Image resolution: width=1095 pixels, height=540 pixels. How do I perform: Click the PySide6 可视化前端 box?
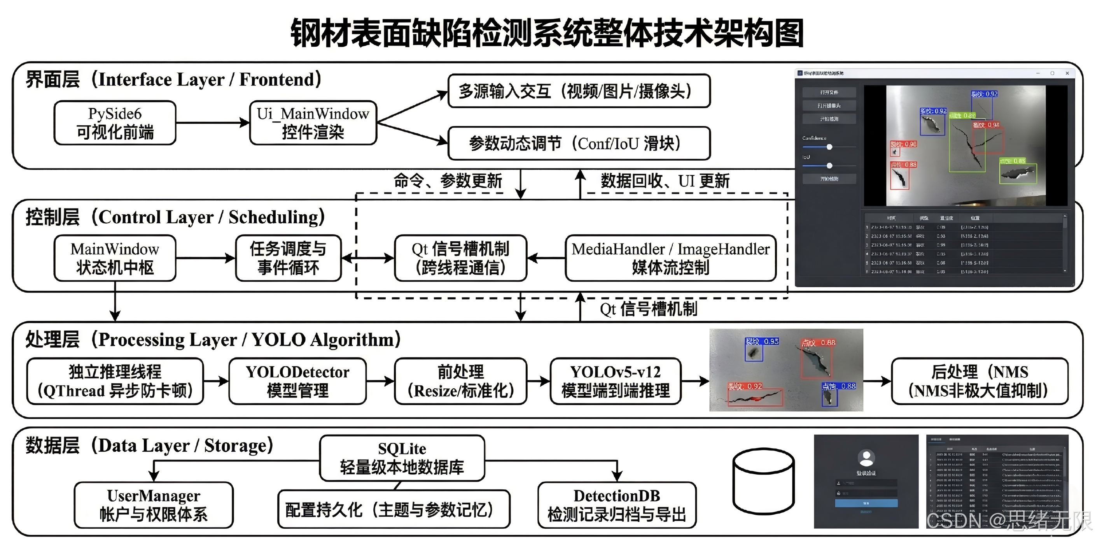click(115, 123)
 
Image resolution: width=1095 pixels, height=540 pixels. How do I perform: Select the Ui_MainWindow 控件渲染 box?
click(313, 123)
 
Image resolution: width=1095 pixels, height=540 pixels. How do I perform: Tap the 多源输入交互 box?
click(579, 91)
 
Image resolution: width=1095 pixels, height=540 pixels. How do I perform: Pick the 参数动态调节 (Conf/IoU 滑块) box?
click(579, 143)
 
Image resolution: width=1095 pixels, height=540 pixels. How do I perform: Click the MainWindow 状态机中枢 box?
click(115, 258)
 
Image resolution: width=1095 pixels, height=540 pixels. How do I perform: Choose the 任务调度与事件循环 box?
click(288, 258)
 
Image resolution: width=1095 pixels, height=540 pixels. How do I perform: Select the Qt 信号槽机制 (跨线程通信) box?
click(460, 258)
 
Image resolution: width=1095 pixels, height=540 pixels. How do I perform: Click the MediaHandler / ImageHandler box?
click(670, 258)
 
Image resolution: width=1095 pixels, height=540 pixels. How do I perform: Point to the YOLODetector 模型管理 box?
click(297, 381)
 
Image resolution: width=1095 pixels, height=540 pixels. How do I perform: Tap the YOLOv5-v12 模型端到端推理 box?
click(615, 381)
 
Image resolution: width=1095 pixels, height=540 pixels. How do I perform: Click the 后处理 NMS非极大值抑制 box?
click(980, 381)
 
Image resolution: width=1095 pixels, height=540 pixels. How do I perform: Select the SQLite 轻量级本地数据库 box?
click(402, 458)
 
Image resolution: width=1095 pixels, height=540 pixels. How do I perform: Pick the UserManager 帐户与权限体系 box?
click(154, 505)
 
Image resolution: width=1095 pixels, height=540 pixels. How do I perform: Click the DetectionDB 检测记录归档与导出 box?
click(617, 505)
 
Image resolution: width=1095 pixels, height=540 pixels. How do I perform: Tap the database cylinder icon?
click(763, 480)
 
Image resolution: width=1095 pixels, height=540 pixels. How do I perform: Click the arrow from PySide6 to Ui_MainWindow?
click(213, 123)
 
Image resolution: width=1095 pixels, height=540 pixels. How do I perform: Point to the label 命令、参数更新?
click(448, 181)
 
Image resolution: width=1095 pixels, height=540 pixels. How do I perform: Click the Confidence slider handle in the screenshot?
click(829, 147)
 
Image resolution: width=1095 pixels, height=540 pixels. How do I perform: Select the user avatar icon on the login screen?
click(866, 458)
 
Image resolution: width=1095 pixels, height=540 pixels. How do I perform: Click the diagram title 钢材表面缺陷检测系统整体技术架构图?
click(547, 33)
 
